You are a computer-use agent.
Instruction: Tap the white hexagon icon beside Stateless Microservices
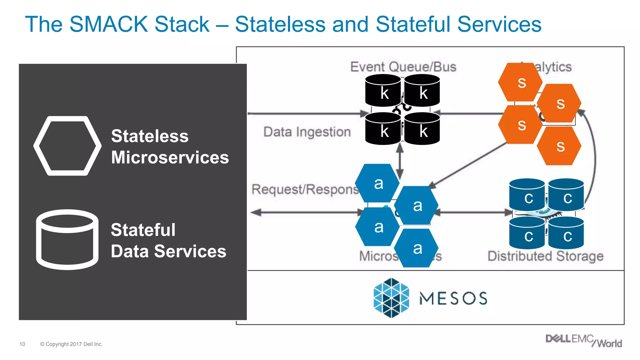[67, 146]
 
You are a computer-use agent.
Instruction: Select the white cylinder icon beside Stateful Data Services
[67, 240]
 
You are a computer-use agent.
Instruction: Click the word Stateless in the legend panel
[150, 136]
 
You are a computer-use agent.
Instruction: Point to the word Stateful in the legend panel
[143, 230]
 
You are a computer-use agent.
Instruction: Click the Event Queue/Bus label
[403, 67]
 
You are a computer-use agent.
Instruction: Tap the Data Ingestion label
[307, 132]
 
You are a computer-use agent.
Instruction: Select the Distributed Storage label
[545, 256]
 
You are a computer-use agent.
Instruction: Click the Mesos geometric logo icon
[391, 298]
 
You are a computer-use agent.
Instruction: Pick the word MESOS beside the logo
[453, 298]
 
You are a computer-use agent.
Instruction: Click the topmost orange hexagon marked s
[520, 82]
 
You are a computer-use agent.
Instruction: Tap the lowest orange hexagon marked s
[559, 146]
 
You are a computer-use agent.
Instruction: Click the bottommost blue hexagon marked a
[416, 248]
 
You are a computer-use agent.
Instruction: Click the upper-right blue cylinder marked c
[566, 196]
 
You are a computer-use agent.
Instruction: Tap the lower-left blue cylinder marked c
[527, 234]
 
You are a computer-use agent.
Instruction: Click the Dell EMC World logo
[583, 341]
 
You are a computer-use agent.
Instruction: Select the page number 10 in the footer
[22, 344]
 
